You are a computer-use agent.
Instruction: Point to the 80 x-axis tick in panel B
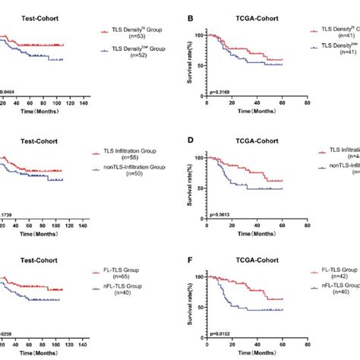(x=306, y=104)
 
